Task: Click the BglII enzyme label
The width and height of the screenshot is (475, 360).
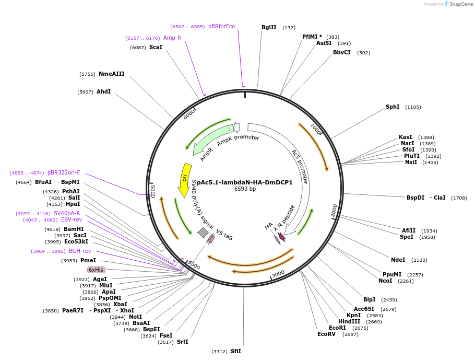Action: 269,27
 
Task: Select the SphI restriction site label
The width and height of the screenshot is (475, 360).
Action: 392,107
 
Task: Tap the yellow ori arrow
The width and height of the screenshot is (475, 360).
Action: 184,179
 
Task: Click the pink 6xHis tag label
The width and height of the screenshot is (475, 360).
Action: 96,270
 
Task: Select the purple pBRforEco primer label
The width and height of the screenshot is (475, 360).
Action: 221,27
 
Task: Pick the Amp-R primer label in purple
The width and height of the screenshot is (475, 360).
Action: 172,38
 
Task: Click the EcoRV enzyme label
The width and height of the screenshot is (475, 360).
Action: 326,334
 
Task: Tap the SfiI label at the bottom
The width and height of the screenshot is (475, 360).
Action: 235,352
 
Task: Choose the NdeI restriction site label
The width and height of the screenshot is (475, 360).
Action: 398,260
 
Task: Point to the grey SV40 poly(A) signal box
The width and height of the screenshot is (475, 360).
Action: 203,233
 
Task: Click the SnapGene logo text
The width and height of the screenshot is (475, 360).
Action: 461,4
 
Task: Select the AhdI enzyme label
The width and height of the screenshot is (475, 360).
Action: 103,92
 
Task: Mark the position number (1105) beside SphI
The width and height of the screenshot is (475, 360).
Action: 413,107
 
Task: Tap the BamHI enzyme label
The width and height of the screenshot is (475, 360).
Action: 74,229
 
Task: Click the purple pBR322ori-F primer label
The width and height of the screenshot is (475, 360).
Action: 64,172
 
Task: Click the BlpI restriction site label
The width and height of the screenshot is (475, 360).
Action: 369,299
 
